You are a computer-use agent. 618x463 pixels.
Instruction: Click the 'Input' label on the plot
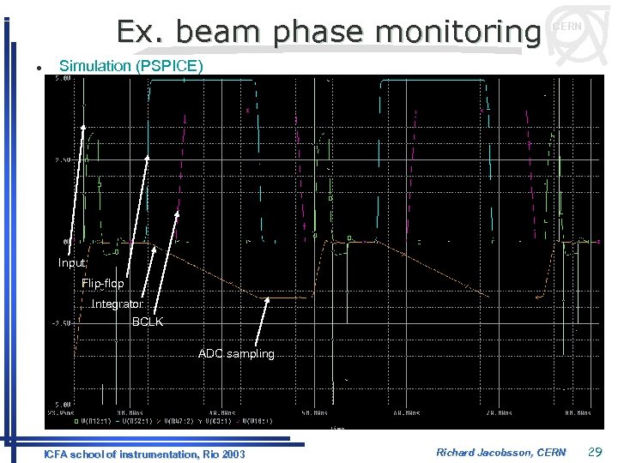coord(71,263)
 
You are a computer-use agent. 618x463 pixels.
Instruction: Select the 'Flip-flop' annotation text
coord(102,284)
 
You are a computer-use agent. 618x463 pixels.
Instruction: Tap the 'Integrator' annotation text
coord(118,304)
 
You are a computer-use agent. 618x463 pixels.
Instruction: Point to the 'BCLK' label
coord(147,322)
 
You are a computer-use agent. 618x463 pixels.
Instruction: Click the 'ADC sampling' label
coord(236,353)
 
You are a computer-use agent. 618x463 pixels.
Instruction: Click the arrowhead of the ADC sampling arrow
coord(268,300)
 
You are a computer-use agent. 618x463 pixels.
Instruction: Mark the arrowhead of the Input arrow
coord(83,127)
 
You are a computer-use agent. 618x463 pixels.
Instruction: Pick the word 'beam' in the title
coord(210,32)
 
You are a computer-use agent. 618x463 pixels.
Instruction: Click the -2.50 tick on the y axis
coord(62,323)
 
